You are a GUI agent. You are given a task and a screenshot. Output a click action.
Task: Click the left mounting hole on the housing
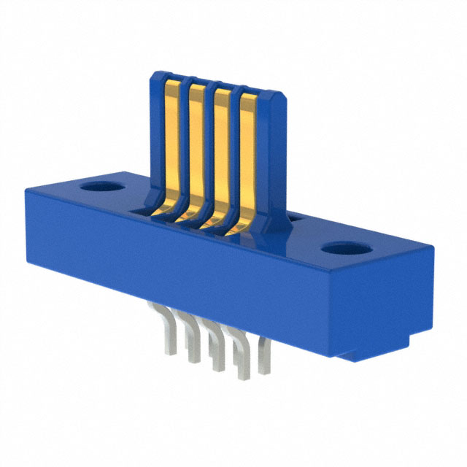click(x=101, y=187)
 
